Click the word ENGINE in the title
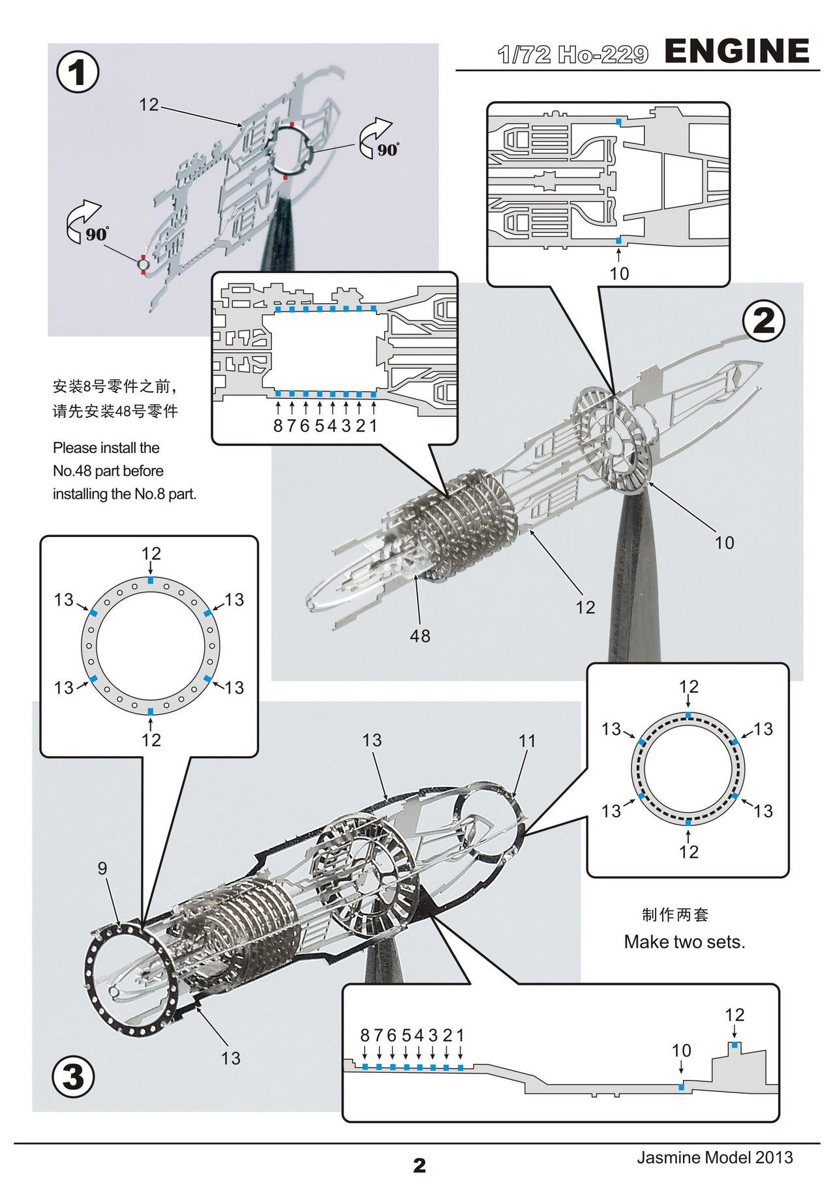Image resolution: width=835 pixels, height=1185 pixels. point(736,51)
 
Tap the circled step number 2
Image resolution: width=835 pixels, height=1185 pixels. point(764,321)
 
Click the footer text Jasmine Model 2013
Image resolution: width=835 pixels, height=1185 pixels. point(715,1157)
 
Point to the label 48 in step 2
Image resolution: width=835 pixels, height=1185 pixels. point(419,636)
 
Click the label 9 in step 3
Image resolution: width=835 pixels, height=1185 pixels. point(102,868)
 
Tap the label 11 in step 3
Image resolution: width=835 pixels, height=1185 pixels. point(527,740)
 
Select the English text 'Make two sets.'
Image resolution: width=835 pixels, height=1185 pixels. point(684,942)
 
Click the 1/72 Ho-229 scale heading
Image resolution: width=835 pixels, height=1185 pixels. point(572,55)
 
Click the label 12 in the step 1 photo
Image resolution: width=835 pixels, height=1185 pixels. point(149,104)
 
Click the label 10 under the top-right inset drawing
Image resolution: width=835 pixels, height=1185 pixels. point(619,273)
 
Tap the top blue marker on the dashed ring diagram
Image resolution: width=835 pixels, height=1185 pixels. point(688,715)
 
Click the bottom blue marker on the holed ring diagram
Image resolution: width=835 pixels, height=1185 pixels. point(151,711)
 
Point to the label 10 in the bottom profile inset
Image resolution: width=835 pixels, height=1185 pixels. point(681,1050)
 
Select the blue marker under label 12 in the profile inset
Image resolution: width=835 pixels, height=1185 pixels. point(735,1045)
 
